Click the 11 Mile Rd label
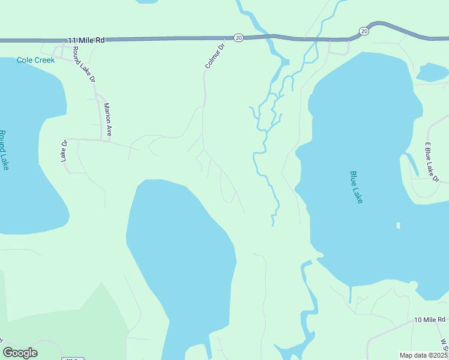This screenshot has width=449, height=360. (x=86, y=40)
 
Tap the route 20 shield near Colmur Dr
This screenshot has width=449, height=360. (x=238, y=38)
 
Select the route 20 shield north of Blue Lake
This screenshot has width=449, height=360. (x=364, y=31)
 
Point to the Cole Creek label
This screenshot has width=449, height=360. (x=35, y=60)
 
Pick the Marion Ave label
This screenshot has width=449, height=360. (x=108, y=120)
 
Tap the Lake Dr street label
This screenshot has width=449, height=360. (x=63, y=151)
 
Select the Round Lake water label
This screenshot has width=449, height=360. (x=4, y=150)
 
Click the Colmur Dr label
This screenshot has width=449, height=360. (x=214, y=55)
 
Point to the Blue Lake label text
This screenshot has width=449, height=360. (x=357, y=187)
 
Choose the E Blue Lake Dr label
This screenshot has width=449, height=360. (x=432, y=162)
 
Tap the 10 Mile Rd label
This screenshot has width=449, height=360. (x=430, y=320)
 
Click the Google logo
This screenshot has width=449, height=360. (x=20, y=353)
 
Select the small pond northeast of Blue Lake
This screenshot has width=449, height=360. (x=432, y=72)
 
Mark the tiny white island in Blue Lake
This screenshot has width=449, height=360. (x=398, y=226)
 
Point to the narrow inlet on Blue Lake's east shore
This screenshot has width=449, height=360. (x=411, y=163)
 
